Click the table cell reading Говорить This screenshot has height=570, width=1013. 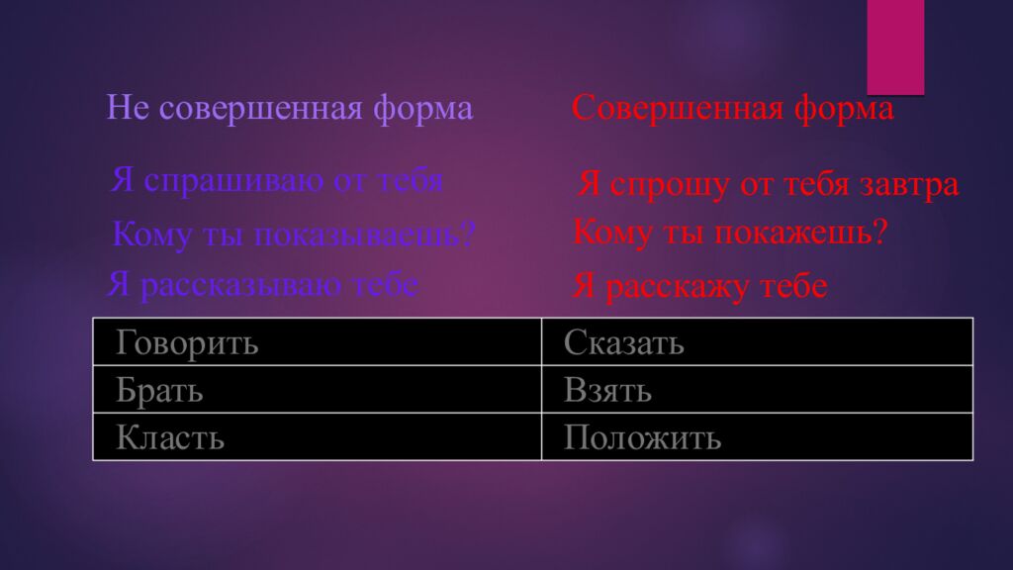pyautogui.click(x=317, y=342)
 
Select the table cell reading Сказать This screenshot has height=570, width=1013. pyautogui.click(x=757, y=342)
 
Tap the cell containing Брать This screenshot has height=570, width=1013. pyautogui.click(x=317, y=390)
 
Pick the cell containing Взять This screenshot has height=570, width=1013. pyautogui.click(x=757, y=390)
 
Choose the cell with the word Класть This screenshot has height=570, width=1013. pyautogui.click(x=317, y=436)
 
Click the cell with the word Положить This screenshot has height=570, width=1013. pyautogui.click(x=757, y=436)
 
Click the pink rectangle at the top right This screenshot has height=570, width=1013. pyautogui.click(x=895, y=45)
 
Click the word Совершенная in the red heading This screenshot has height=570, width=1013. pyautogui.click(x=675, y=109)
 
